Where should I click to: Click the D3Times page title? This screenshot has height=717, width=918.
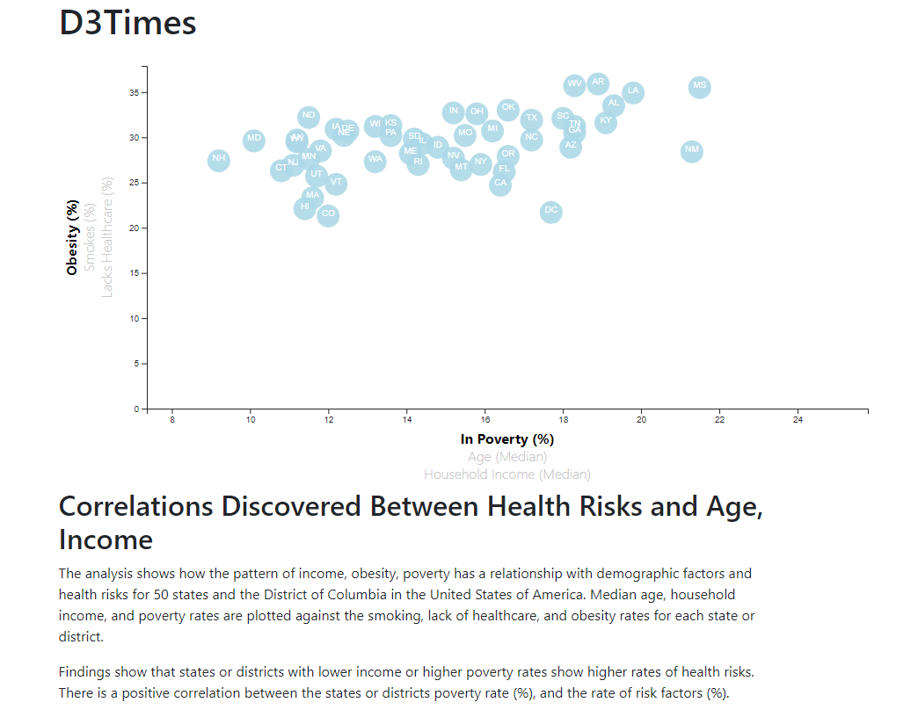click(127, 23)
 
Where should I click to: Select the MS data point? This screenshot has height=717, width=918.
click(699, 86)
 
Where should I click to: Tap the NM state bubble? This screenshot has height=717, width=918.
click(692, 150)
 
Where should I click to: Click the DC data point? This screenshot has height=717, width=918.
click(550, 211)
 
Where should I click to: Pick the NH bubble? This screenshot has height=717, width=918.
click(219, 160)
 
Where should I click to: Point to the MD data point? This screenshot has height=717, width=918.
click(254, 139)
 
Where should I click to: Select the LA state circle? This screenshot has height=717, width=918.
click(633, 91)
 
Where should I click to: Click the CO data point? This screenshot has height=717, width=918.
click(328, 214)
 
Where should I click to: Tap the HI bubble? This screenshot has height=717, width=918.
click(304, 207)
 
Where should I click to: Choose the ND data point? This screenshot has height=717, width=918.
click(308, 116)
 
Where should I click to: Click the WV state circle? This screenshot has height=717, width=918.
click(574, 85)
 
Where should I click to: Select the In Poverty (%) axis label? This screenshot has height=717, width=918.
click(506, 439)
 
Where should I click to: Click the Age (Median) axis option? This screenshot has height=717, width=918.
click(506, 457)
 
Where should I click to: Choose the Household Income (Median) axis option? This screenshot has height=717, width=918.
click(506, 474)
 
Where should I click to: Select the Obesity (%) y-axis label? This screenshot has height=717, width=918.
click(72, 237)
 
